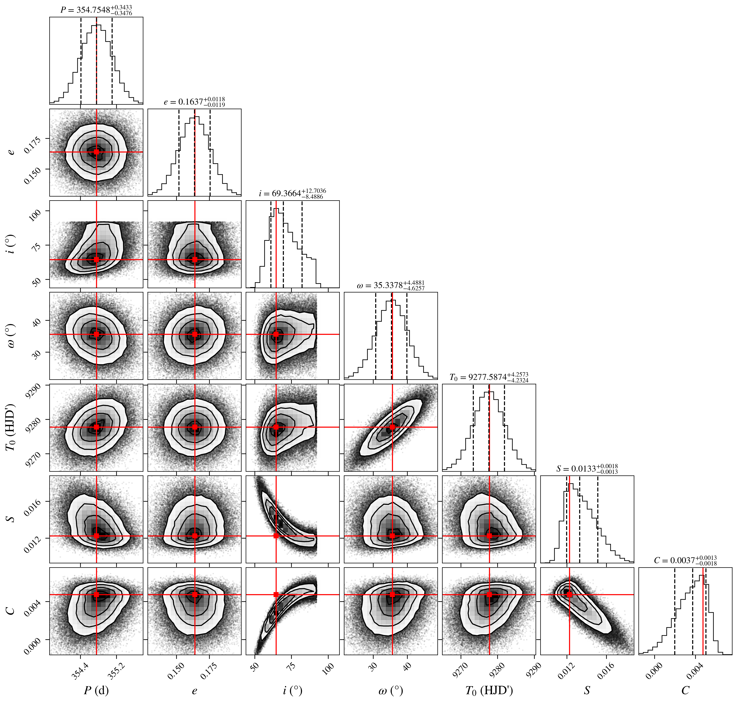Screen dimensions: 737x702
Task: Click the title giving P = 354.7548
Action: click(96, 10)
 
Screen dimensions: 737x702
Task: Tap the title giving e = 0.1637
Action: click(194, 102)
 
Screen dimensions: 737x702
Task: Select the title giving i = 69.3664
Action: click(292, 193)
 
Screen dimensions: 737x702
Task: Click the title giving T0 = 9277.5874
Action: click(489, 377)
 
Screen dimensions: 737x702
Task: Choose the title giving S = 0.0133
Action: click(587, 469)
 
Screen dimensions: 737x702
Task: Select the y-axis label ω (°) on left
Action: click(11, 336)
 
